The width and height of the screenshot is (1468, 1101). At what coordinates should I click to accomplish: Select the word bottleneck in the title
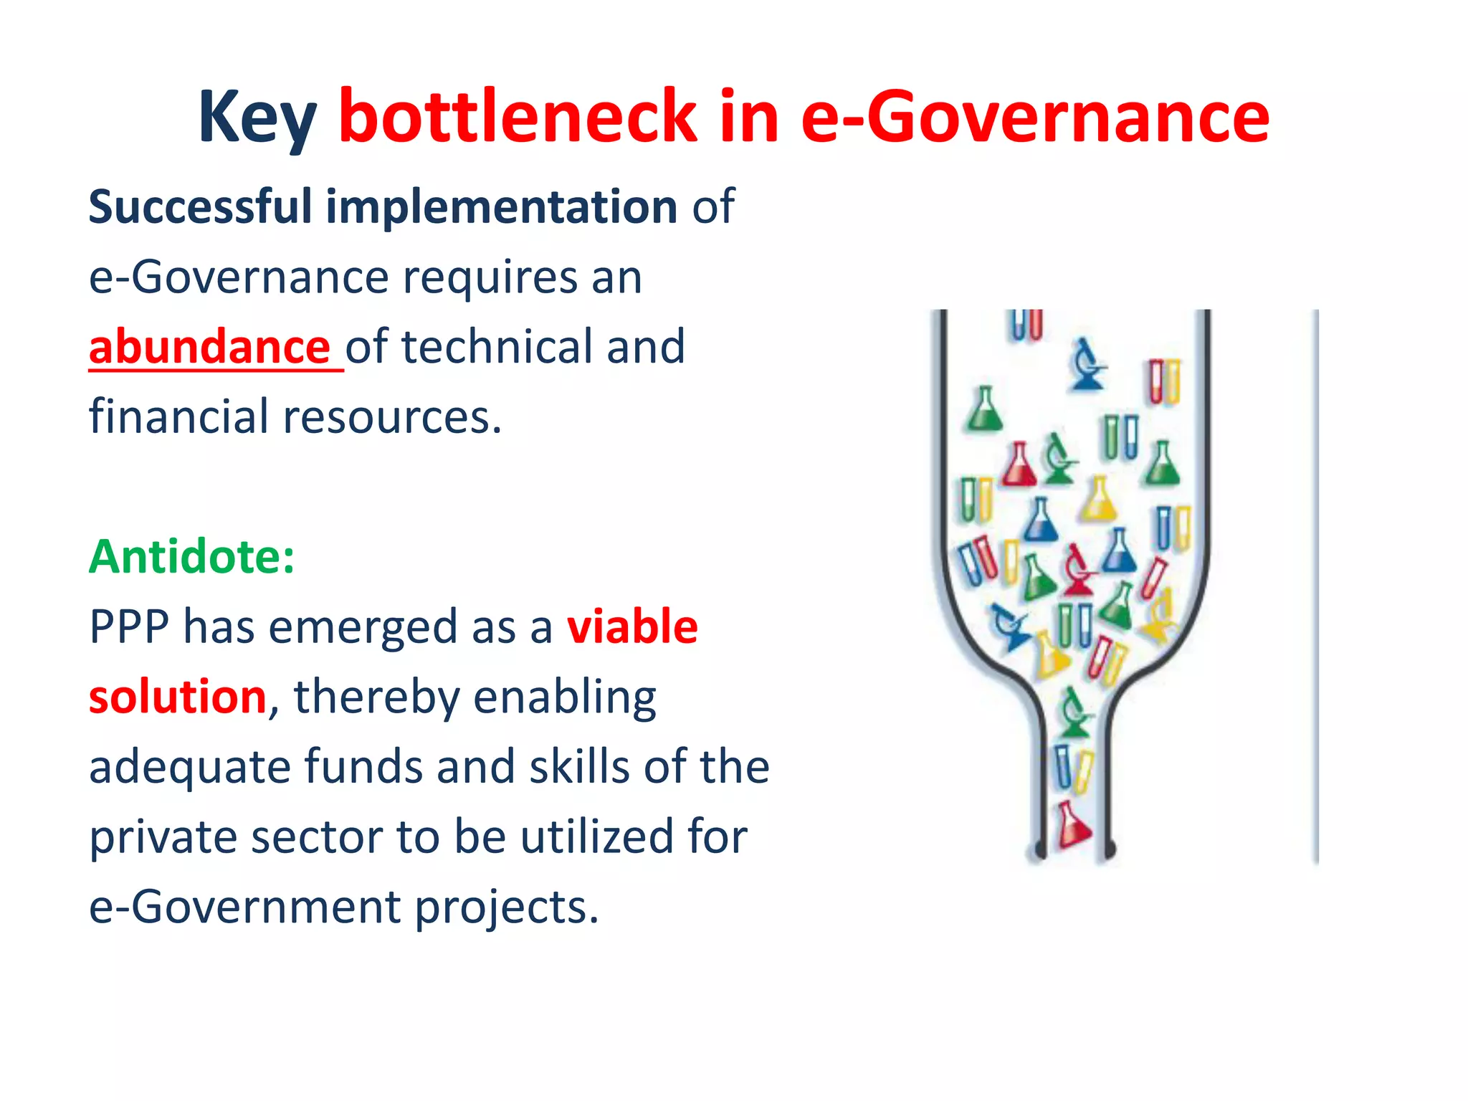[518, 116]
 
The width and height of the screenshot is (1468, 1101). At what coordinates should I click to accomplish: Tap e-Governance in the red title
[1034, 116]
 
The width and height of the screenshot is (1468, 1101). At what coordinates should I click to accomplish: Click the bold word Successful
[200, 207]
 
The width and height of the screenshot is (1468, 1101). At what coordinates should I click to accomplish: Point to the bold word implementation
[501, 207]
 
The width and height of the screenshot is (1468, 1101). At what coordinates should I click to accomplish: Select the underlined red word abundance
[209, 347]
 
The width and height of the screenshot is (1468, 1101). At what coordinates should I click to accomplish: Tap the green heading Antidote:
[191, 557]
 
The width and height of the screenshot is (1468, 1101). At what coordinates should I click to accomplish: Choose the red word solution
[177, 697]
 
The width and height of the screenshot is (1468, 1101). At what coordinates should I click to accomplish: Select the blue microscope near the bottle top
[1087, 365]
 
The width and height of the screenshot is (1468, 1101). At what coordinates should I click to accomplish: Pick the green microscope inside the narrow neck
[1073, 713]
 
